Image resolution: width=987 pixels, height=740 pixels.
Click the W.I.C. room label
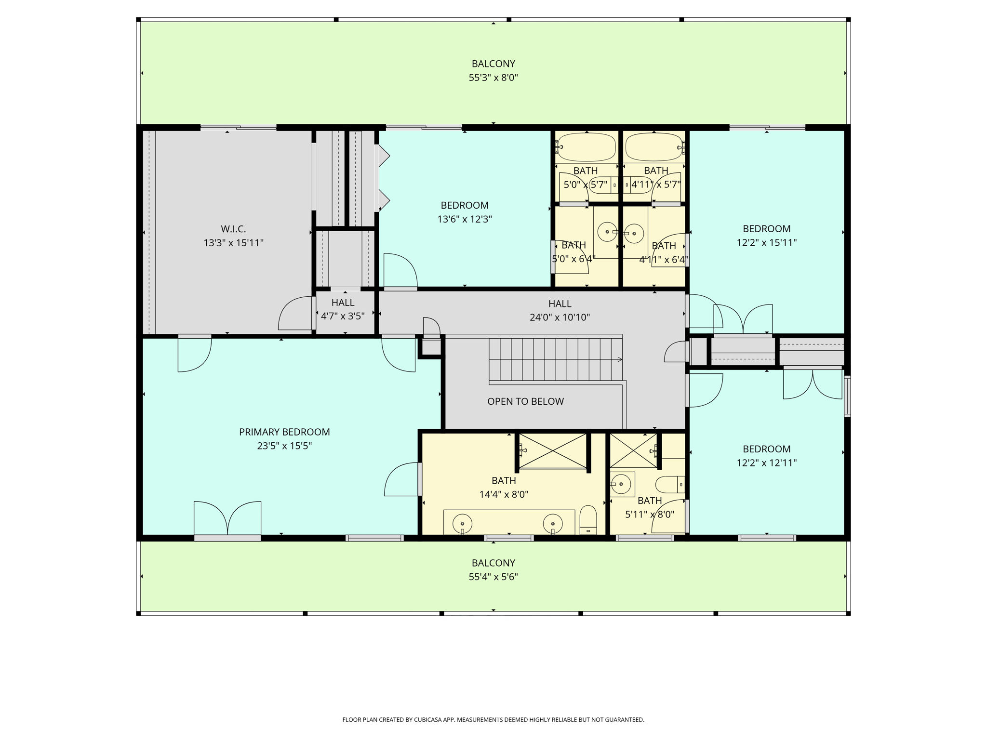[233, 229]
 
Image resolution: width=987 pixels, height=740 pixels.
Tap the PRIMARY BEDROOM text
[284, 432]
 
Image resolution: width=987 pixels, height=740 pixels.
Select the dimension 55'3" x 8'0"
[493, 78]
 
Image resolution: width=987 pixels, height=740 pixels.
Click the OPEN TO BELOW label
[525, 401]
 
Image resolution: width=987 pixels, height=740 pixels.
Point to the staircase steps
[554, 359]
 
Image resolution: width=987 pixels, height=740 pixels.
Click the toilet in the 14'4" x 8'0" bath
[588, 520]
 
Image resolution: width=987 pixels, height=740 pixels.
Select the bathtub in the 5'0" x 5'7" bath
[587, 147]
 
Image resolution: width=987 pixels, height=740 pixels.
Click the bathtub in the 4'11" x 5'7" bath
[654, 147]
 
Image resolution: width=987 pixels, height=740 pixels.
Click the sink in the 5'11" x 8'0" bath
[621, 484]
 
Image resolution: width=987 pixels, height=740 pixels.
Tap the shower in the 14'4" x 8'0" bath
[552, 451]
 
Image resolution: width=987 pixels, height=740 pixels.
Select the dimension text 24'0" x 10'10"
[560, 317]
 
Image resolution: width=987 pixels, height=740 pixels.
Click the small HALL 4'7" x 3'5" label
[343, 309]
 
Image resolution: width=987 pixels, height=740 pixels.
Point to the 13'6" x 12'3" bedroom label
[465, 212]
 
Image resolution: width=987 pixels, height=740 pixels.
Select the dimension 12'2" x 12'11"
[766, 463]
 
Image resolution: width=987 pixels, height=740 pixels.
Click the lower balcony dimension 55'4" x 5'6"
[493, 577]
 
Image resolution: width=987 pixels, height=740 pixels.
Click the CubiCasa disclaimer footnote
[493, 720]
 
